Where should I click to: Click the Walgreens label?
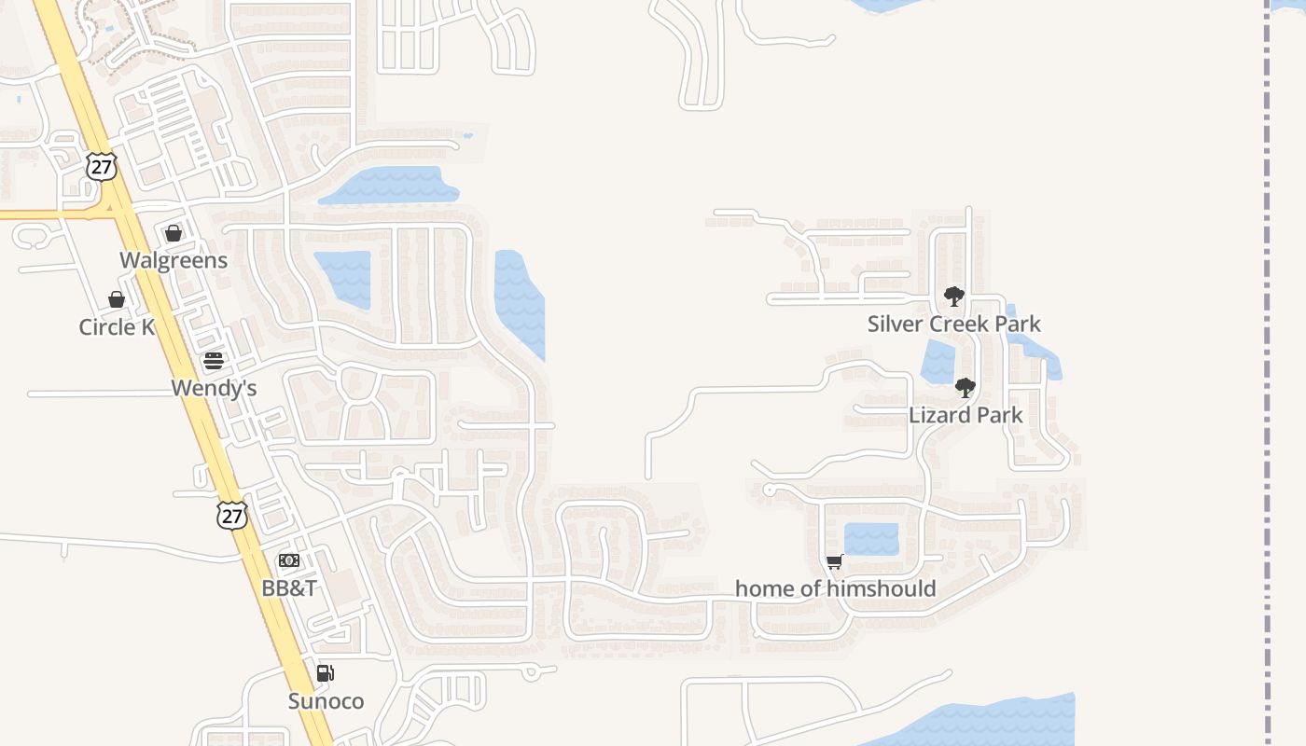[174, 260]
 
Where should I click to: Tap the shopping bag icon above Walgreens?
[174, 233]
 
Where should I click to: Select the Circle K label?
[117, 326]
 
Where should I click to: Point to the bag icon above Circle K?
[117, 299]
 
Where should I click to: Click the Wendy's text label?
[214, 388]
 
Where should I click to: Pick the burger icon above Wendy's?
[214, 361]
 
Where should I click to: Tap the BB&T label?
[289, 587]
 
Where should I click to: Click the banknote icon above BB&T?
[289, 560]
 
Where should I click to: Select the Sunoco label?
[326, 701]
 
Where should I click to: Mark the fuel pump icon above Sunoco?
[325, 673]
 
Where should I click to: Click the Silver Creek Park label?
[953, 324]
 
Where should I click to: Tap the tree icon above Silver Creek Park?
[953, 297]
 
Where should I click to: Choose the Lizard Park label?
[966, 415]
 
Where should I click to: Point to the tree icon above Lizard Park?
[966, 387]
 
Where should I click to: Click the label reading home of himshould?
[835, 588]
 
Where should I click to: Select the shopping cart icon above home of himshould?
[835, 561]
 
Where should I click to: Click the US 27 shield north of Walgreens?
[101, 167]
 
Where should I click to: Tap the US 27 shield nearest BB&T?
[231, 516]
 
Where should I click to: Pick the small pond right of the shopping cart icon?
[871, 539]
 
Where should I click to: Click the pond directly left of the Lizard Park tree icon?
[937, 362]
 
